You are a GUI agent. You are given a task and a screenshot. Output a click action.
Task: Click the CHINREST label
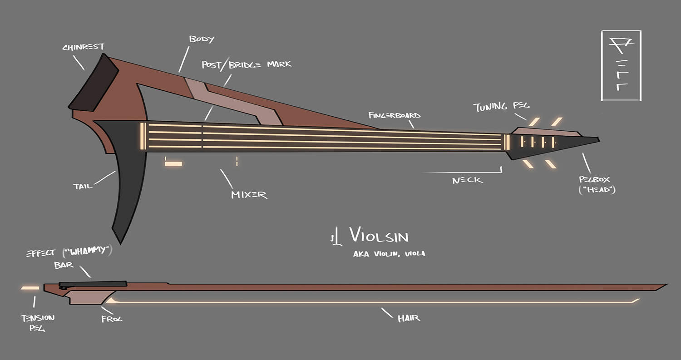click(x=83, y=47)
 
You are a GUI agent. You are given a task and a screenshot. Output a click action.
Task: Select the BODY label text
click(x=201, y=39)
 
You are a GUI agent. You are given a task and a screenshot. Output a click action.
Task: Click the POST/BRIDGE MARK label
click(x=247, y=64)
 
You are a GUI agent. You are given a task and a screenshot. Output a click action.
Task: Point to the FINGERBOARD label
click(x=394, y=115)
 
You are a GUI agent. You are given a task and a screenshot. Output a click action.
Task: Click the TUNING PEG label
click(x=501, y=107)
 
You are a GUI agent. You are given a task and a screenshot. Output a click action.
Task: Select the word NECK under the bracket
click(x=467, y=181)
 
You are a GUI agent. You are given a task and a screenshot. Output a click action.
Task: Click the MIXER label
click(x=249, y=195)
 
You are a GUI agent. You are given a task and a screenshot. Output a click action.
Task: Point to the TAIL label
click(x=82, y=186)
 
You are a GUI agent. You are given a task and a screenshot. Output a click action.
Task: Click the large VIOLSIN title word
click(x=379, y=237)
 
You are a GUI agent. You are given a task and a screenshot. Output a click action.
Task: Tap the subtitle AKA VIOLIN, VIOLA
click(x=389, y=254)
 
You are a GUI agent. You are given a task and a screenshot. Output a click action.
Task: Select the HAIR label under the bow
click(x=409, y=318)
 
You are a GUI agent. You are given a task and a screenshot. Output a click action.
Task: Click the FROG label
click(x=112, y=319)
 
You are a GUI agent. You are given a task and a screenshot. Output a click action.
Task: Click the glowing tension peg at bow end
click(x=30, y=287)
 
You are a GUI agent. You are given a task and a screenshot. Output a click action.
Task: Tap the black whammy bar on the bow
click(x=93, y=284)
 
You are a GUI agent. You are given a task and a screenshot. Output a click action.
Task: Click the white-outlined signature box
click(x=621, y=65)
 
